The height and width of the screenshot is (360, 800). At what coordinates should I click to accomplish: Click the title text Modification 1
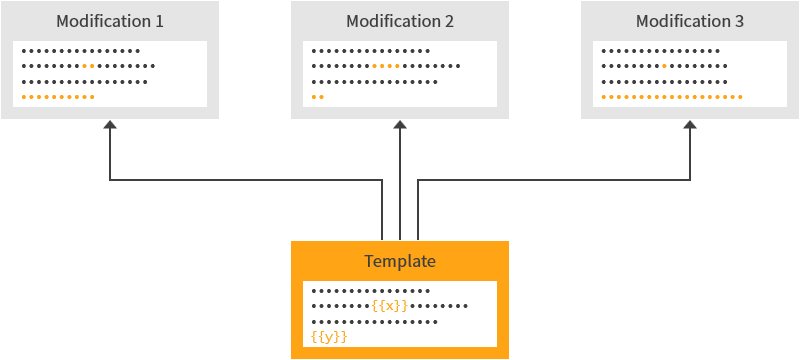click(110, 21)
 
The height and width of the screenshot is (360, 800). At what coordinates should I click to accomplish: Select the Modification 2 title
click(400, 21)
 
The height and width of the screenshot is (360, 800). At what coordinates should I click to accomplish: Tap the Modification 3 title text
click(690, 21)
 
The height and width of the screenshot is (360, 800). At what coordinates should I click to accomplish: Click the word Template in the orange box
click(400, 261)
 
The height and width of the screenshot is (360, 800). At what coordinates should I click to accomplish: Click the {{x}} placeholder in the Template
click(389, 306)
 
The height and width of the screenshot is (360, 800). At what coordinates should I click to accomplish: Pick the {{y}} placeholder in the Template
click(329, 337)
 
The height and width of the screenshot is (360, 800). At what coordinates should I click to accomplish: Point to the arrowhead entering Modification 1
click(110, 125)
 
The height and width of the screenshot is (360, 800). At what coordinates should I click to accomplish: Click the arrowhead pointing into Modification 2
click(400, 125)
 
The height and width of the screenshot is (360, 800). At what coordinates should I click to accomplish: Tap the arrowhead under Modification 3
click(690, 125)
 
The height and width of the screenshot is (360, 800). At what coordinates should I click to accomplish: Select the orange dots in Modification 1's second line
click(88, 66)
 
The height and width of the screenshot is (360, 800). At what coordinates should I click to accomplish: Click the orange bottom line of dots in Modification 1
click(58, 97)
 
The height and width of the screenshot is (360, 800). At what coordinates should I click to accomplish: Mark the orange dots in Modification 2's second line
click(385, 66)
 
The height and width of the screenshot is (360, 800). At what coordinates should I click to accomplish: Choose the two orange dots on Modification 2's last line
click(317, 97)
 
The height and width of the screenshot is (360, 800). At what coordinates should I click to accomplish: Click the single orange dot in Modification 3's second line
click(664, 66)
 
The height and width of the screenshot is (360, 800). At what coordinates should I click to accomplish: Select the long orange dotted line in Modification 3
click(671, 97)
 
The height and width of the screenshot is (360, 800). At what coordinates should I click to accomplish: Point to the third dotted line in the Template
click(375, 322)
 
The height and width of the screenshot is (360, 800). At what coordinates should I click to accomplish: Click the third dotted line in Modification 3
click(664, 82)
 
